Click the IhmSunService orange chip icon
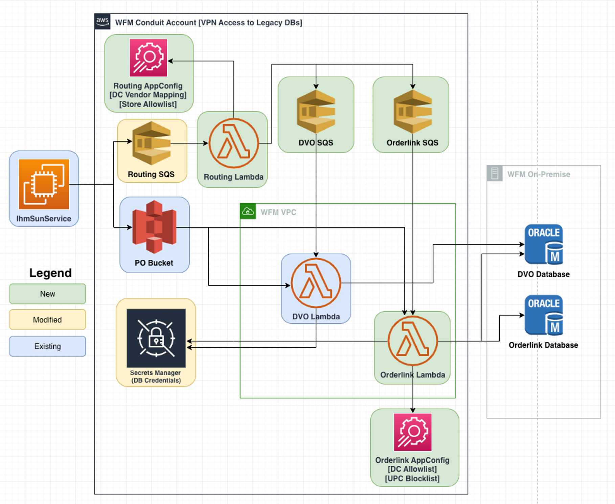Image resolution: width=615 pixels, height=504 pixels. click(44, 184)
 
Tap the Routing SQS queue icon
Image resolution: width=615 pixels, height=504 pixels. click(152, 143)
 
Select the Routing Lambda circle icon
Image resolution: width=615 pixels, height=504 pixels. click(233, 143)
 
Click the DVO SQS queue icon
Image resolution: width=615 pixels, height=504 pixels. click(316, 111)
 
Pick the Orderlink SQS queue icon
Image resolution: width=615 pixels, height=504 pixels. click(413, 111)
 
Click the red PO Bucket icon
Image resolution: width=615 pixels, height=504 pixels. click(154, 227)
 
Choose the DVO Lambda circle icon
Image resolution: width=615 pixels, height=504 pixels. click(316, 283)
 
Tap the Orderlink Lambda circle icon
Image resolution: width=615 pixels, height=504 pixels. click(413, 341)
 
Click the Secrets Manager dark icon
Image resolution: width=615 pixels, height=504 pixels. click(156, 338)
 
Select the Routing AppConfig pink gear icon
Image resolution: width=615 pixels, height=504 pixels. click(148, 58)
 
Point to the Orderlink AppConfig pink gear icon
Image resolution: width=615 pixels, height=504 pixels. click(413, 432)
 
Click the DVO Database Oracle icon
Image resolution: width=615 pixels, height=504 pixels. click(544, 244)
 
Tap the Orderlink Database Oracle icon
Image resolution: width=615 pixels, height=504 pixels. click(544, 315)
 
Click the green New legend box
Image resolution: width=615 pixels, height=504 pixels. click(48, 294)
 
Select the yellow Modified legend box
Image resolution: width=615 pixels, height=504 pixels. click(48, 320)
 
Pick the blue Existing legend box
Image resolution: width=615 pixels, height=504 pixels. click(48, 346)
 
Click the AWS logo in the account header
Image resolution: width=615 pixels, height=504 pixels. click(102, 22)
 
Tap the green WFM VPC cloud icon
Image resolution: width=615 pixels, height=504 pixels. click(248, 212)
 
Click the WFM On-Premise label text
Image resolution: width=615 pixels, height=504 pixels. click(539, 174)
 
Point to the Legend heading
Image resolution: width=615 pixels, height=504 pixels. click(50, 273)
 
